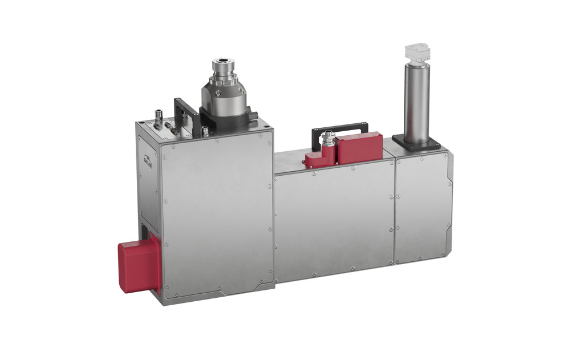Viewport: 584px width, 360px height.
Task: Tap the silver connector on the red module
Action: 328,139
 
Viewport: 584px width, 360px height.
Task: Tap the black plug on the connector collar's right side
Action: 251,116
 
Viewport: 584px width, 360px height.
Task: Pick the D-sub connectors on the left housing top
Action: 170,127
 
